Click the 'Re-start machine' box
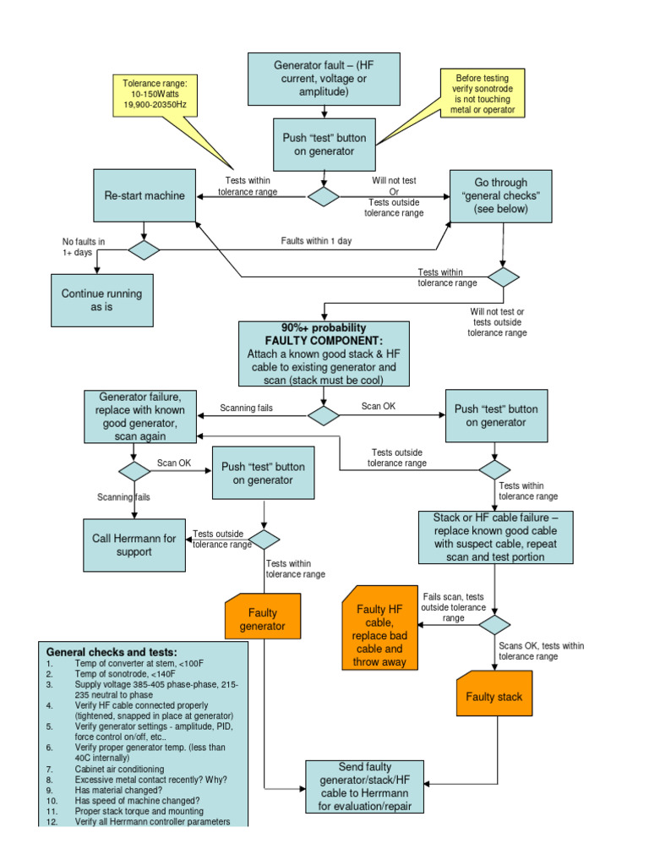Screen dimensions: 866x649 145,195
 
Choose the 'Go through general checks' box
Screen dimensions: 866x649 500,195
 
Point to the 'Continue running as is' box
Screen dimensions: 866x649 102,300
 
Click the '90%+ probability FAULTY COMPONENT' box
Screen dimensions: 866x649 324,354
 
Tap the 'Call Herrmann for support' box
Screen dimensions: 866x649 134,545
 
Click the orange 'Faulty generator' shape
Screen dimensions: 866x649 263,619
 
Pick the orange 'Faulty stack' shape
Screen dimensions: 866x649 494,696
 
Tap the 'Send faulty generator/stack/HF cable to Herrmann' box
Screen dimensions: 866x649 365,786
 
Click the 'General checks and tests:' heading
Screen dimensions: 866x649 112,652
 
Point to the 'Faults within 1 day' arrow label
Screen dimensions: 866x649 316,241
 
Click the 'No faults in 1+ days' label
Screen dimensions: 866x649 85,246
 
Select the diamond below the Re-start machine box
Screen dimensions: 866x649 144,249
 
